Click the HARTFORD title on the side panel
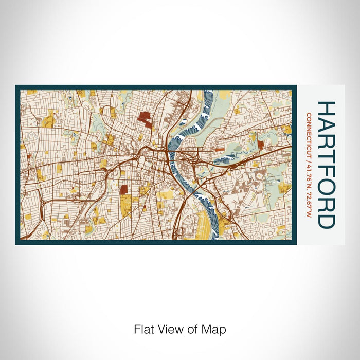click(327, 165)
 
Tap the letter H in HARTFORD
click(327, 109)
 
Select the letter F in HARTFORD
click(327, 172)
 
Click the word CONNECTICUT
click(309, 131)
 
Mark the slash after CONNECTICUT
click(309, 153)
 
